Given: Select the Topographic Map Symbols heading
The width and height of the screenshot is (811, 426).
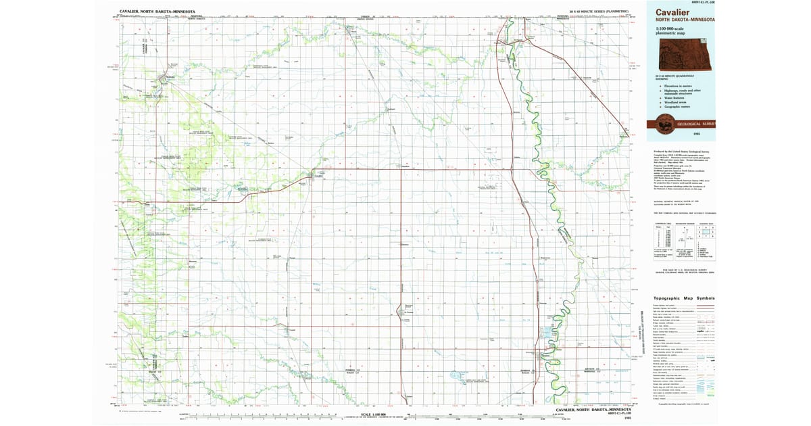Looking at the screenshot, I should pos(683,298).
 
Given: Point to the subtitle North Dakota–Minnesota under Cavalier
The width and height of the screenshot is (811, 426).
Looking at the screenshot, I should pos(684,20).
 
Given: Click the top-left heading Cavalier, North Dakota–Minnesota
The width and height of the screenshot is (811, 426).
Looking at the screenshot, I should pos(157,11).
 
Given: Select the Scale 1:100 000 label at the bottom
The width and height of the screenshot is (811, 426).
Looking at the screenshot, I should pos(373,414).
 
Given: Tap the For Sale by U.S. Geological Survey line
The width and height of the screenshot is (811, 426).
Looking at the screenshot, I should pos(683,268).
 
